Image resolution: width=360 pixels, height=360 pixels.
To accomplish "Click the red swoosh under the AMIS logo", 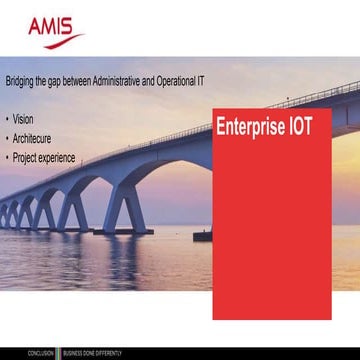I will (x=58, y=40).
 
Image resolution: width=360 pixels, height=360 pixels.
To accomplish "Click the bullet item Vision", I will (x=23, y=119).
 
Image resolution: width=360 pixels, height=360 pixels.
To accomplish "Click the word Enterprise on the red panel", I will (x=251, y=127).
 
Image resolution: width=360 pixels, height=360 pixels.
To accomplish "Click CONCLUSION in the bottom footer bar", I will (x=41, y=353).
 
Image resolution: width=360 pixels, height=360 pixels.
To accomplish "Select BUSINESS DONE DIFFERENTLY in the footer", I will (x=93, y=353).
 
